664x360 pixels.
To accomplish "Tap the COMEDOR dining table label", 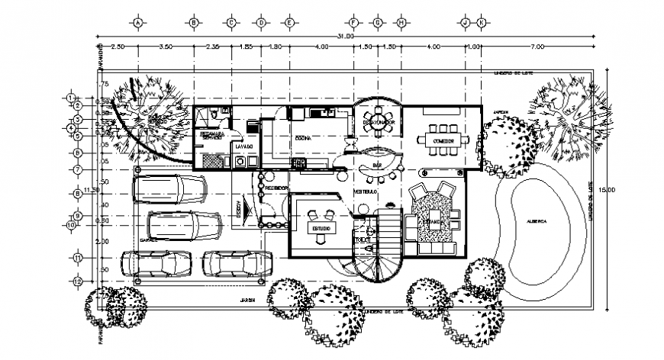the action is pyautogui.click(x=443, y=141).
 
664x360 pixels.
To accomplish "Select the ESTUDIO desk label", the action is pyautogui.click(x=319, y=228).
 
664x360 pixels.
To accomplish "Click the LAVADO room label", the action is pyautogui.click(x=243, y=146).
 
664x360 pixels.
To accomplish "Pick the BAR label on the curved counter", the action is pyautogui.click(x=376, y=164).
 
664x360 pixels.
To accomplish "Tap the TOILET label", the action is pyautogui.click(x=362, y=239).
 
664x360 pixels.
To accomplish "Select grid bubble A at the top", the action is pyautogui.click(x=137, y=23).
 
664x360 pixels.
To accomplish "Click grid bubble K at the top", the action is pyautogui.click(x=481, y=23).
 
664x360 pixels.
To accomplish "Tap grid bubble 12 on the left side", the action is pyautogui.click(x=78, y=281).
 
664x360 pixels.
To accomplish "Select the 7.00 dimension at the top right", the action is pyautogui.click(x=537, y=47).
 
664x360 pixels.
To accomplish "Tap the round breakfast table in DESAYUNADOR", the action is pyautogui.click(x=378, y=123).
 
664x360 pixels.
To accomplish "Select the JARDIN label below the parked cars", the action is pyautogui.click(x=244, y=299).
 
